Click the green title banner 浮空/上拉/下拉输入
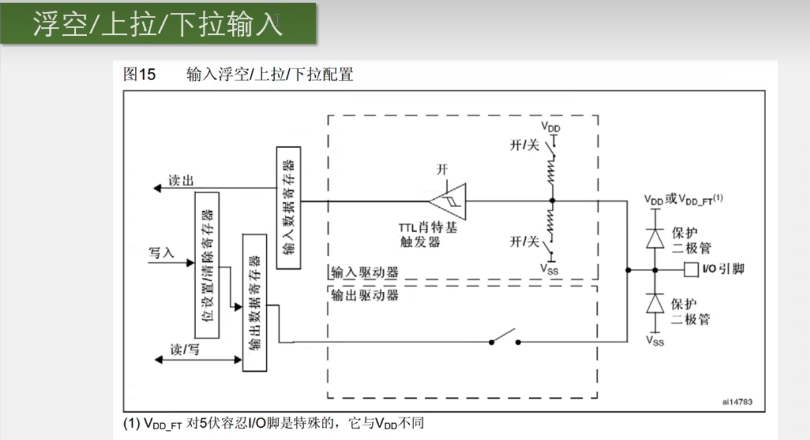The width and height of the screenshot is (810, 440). (x=157, y=24)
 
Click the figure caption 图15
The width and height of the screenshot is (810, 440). (x=139, y=75)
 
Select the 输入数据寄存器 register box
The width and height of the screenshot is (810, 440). (x=289, y=208)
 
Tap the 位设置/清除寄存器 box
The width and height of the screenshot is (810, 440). (x=207, y=265)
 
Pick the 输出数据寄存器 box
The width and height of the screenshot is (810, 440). (x=254, y=302)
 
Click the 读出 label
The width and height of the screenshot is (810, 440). (x=181, y=181)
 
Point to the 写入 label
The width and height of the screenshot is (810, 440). (x=162, y=253)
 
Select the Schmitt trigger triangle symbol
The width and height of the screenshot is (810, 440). (x=448, y=201)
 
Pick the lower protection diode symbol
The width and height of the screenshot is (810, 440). (x=654, y=304)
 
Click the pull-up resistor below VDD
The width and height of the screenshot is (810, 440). (x=552, y=173)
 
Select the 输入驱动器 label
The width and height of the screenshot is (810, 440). (x=364, y=273)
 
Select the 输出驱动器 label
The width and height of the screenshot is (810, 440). (x=364, y=295)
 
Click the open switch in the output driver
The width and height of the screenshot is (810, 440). (x=505, y=338)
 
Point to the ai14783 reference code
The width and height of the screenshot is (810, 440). (x=737, y=402)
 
